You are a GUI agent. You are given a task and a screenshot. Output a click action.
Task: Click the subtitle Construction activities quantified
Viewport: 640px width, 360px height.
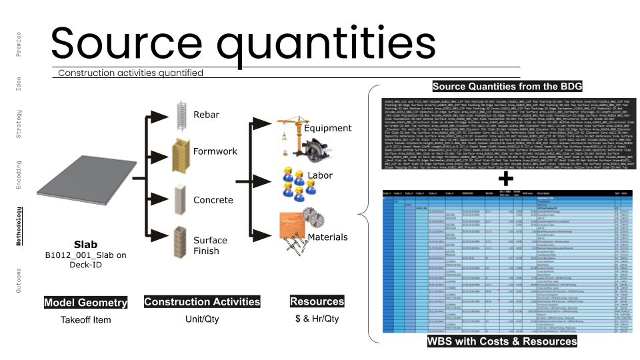pyautogui.click(x=131, y=73)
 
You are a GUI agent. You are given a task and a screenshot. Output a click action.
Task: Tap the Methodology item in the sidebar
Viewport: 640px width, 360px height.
pyautogui.click(x=19, y=226)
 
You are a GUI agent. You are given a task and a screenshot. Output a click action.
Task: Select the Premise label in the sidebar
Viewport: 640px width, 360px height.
pyautogui.click(x=19, y=44)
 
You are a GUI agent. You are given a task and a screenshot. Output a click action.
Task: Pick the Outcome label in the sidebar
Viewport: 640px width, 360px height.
pyautogui.click(x=19, y=280)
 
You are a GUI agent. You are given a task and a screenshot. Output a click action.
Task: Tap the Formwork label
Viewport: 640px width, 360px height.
pyautogui.click(x=215, y=151)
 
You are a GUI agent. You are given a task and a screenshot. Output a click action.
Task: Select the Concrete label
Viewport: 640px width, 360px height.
pyautogui.click(x=213, y=200)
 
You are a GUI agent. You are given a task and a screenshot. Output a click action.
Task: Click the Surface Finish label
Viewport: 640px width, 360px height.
pyautogui.click(x=210, y=245)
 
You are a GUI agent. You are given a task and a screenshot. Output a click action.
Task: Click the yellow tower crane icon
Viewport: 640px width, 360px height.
pyautogui.click(x=288, y=131)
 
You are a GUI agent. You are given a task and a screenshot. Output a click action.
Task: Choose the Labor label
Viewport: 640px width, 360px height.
pyautogui.click(x=320, y=176)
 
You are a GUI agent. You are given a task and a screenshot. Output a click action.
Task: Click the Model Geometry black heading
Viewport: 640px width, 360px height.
pyautogui.click(x=85, y=303)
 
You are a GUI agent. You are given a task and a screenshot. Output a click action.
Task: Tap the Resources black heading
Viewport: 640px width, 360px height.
pyautogui.click(x=317, y=302)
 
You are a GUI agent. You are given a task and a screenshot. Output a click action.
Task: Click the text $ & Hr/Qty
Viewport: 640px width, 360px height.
pyautogui.click(x=317, y=319)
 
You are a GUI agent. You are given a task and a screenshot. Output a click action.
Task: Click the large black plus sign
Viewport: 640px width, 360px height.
pyautogui.click(x=507, y=178)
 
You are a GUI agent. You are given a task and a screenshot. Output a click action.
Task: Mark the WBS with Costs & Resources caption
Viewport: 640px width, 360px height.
pyautogui.click(x=502, y=341)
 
